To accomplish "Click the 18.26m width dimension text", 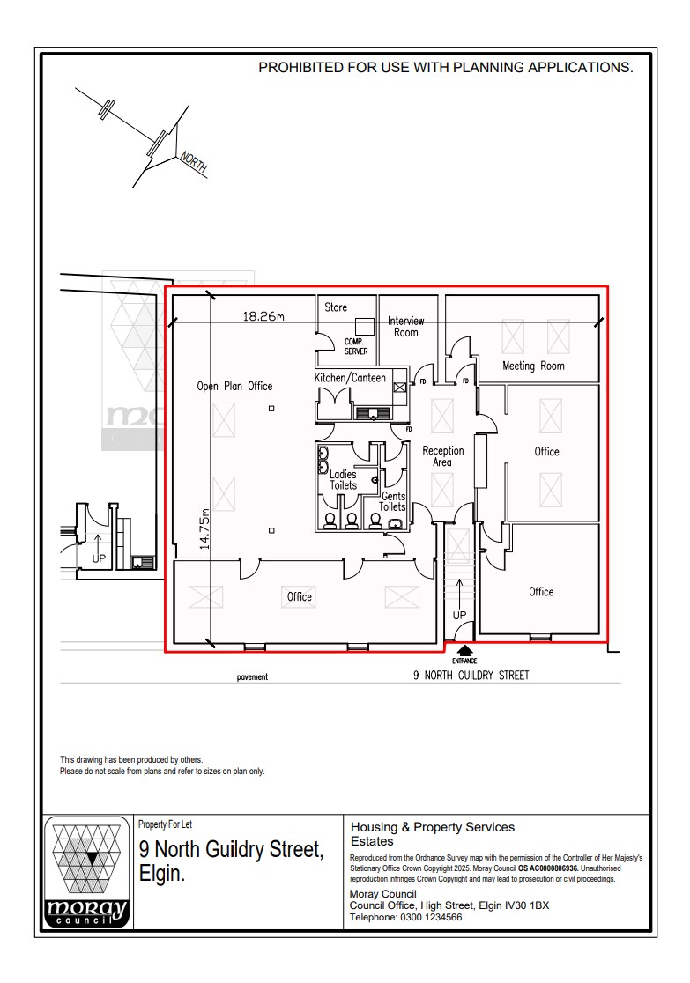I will (x=263, y=316).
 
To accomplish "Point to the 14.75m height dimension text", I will (x=204, y=528).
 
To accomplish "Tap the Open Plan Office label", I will (x=234, y=386).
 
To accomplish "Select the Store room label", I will (x=336, y=307).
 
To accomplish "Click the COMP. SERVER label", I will (x=356, y=346).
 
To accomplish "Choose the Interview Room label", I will (x=406, y=327).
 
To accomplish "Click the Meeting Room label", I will (x=533, y=366).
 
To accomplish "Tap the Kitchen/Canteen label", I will (x=350, y=378).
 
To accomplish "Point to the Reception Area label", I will (x=442, y=456).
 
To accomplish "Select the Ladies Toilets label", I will (x=344, y=480).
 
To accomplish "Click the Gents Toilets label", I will (x=393, y=502).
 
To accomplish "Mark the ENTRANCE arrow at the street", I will (x=464, y=653).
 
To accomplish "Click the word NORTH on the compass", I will (x=193, y=163).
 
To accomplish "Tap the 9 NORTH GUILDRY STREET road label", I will (x=471, y=676).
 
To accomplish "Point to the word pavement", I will (x=252, y=677).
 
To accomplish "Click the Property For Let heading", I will (x=165, y=824).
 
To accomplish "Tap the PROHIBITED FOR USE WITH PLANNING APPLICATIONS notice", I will (x=445, y=67).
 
